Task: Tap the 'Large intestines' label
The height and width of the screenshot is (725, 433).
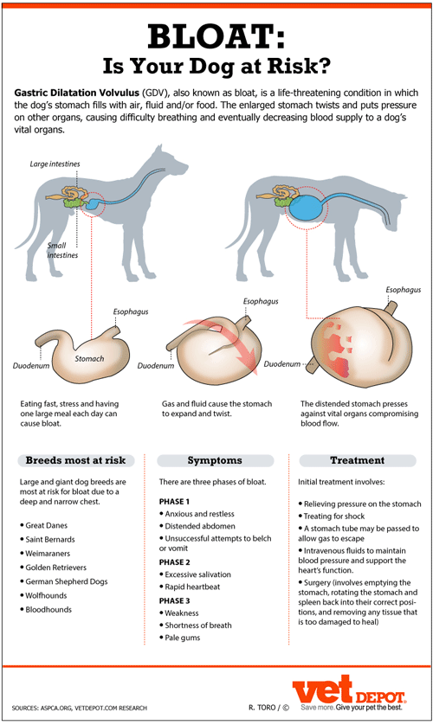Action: tap(55, 164)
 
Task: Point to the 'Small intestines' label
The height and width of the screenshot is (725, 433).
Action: tap(62, 250)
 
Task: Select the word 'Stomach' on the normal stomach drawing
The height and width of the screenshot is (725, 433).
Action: tap(89, 358)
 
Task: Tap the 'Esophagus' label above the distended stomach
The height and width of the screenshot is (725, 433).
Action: tap(404, 290)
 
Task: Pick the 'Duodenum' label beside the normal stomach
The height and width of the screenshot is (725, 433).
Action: tap(31, 365)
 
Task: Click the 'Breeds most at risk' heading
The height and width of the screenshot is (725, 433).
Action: tap(75, 460)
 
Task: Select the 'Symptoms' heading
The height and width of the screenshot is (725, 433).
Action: tap(215, 460)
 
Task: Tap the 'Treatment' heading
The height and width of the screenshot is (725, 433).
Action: tap(357, 460)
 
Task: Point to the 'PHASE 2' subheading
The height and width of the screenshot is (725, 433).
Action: tap(174, 562)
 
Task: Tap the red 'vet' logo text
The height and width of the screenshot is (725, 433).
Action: tap(322, 689)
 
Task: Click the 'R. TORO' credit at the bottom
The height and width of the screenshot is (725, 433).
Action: tap(262, 708)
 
